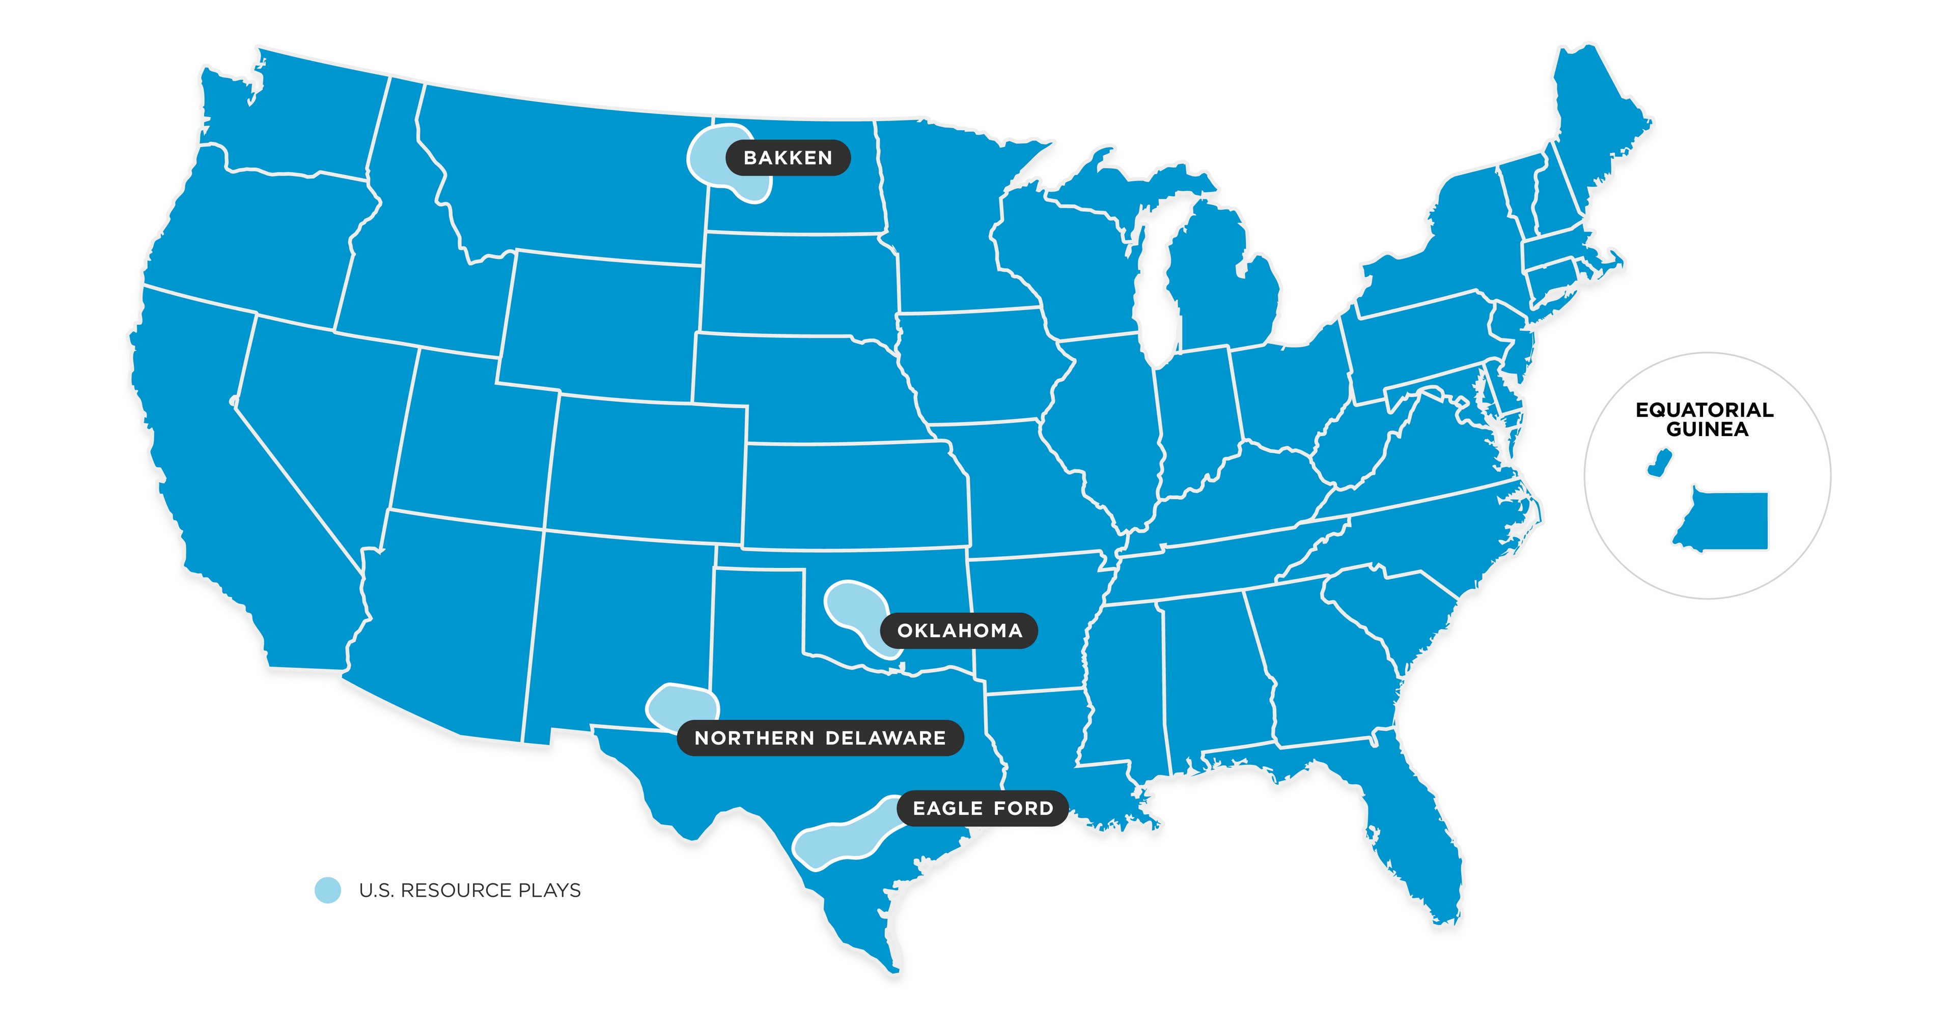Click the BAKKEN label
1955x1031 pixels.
[788, 158]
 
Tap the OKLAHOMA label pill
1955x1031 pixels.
[959, 631]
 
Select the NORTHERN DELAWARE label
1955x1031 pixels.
[820, 738]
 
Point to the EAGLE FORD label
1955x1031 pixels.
[983, 809]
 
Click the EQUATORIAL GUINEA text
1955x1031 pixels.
[1705, 419]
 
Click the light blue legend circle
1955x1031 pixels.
[328, 890]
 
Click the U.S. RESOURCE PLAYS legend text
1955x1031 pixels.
[470, 890]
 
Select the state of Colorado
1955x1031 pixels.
[645, 470]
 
